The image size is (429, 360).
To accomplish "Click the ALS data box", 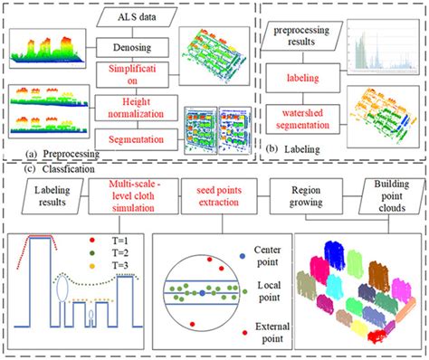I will [x=136, y=15].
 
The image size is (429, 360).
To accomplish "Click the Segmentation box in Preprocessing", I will [x=136, y=140].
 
